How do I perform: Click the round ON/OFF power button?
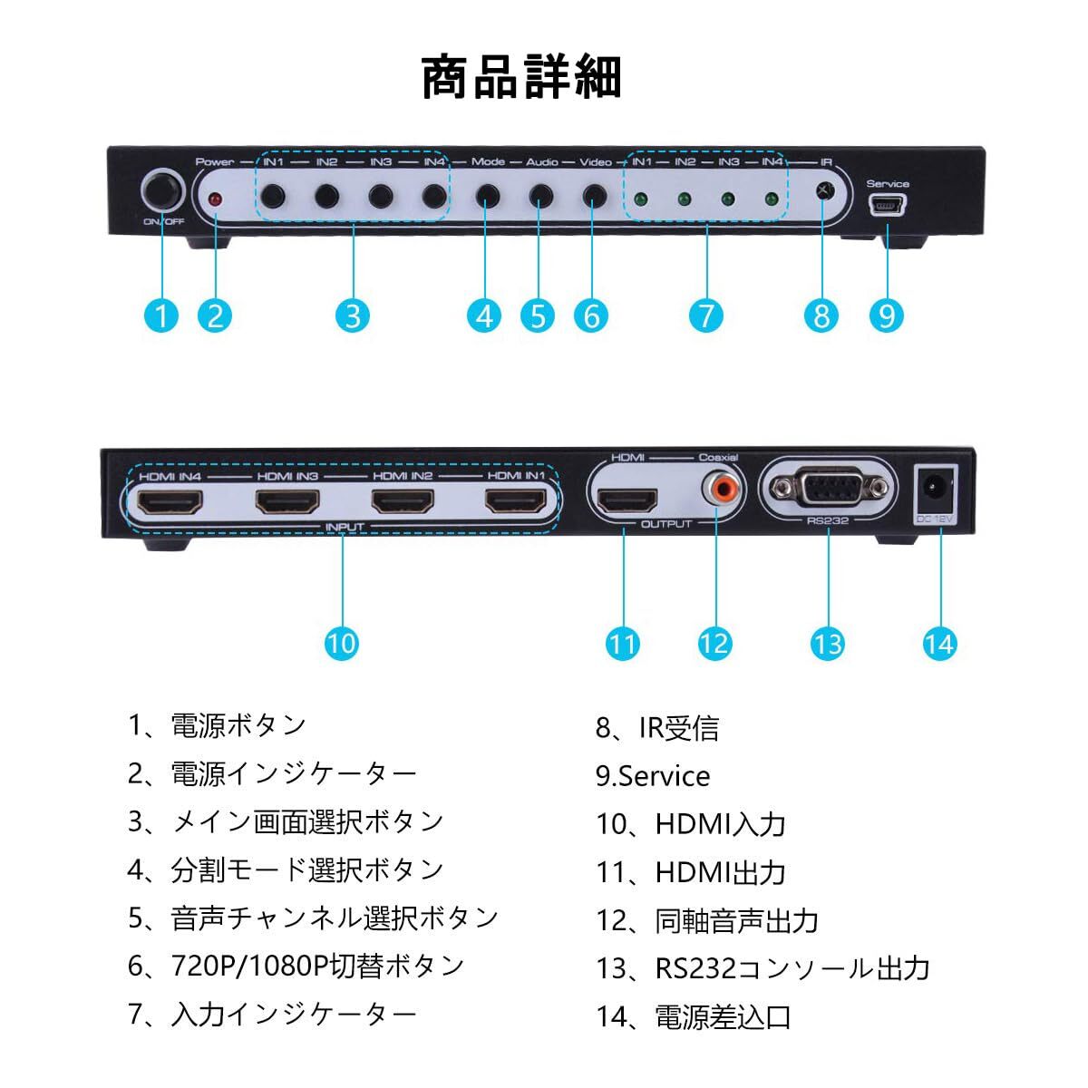tap(163, 192)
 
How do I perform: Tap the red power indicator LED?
tap(216, 199)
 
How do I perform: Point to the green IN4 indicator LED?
tap(771, 199)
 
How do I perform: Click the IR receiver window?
tap(823, 191)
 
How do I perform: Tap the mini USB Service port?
tap(887, 208)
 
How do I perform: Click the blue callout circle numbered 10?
tap(342, 643)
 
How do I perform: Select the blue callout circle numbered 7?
tap(705, 316)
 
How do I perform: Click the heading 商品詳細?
tap(522, 77)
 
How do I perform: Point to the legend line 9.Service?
tap(653, 776)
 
